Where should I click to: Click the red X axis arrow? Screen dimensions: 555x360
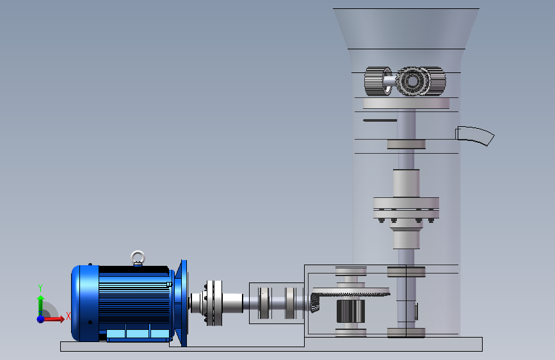pos(54,319)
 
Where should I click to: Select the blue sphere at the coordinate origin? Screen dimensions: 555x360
pos(40,319)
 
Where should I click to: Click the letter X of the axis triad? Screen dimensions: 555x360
pos(68,316)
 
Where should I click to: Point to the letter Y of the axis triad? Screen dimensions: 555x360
pos(40,288)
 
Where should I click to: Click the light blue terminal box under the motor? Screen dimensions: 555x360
pos(138,334)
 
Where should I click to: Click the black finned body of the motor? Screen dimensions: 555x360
pos(134,299)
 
